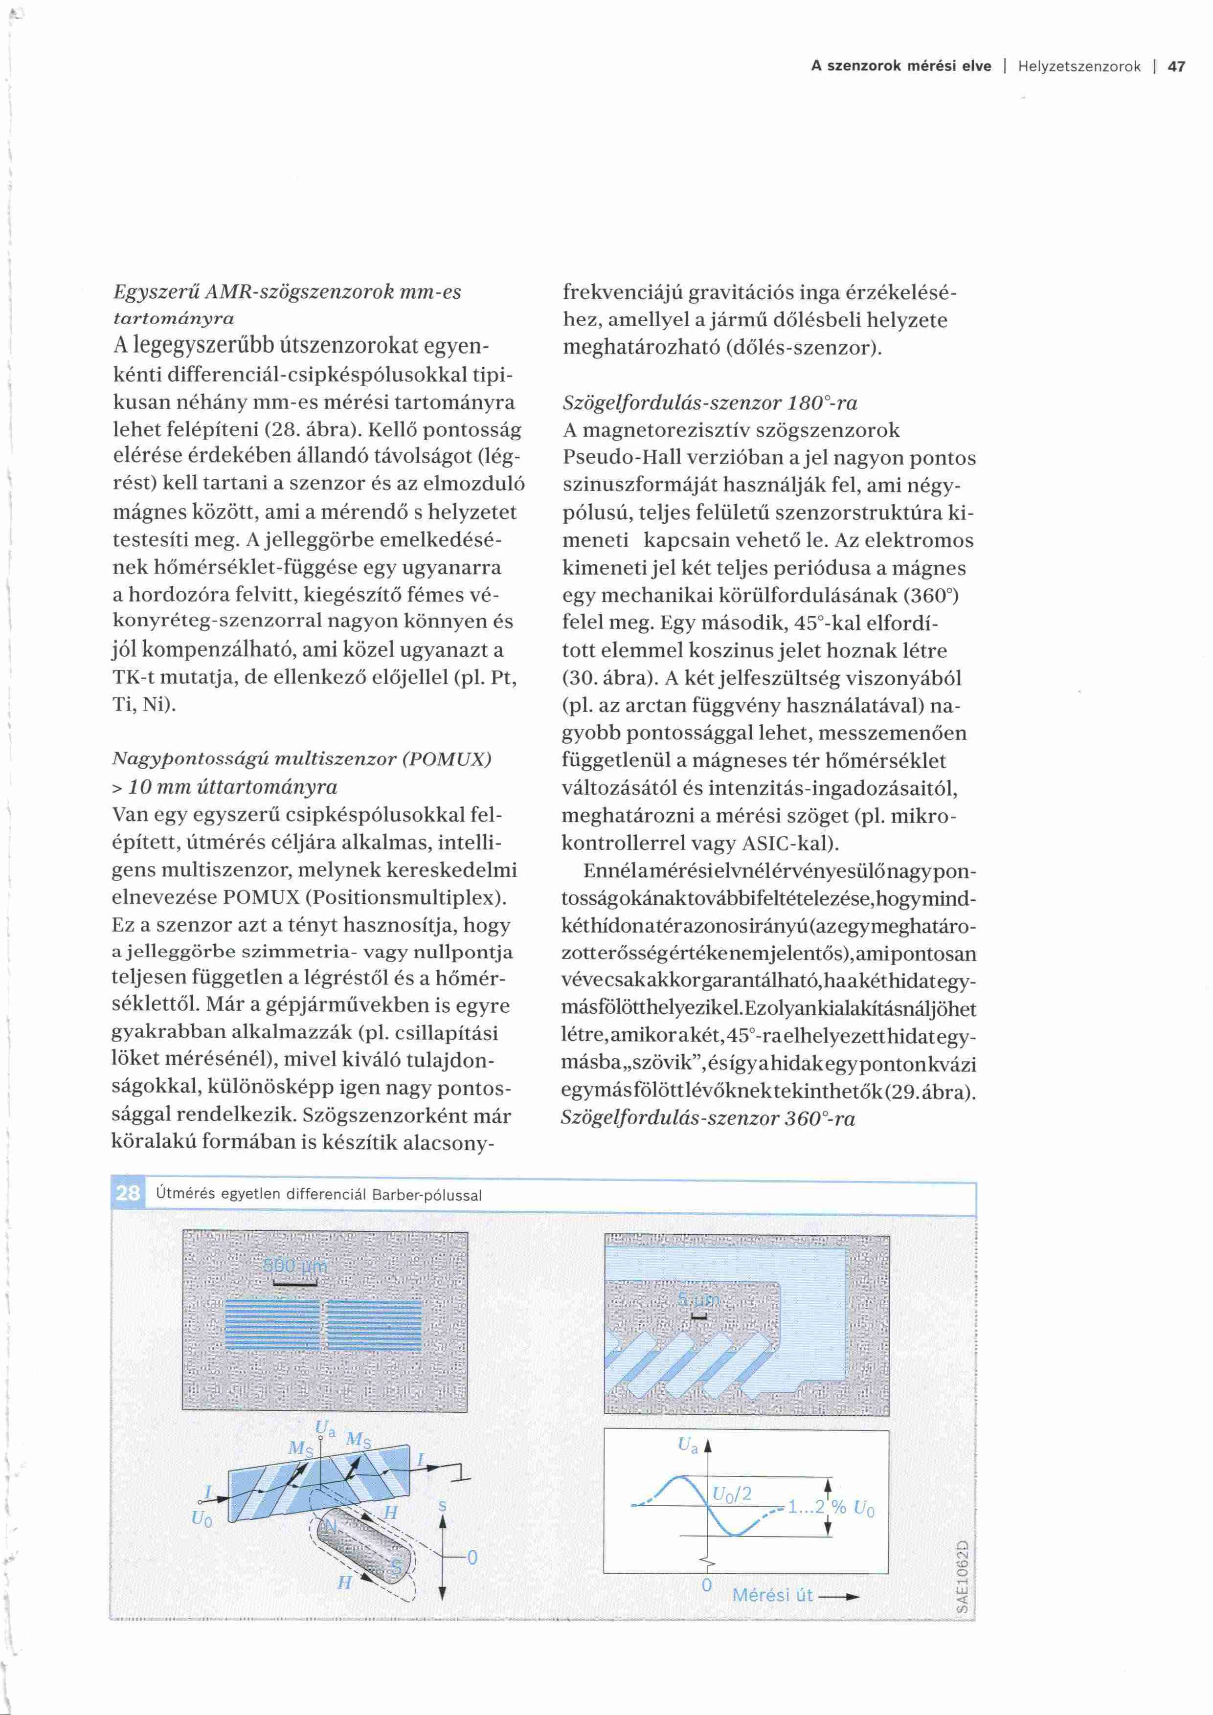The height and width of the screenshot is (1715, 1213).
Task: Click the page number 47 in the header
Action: click(1176, 67)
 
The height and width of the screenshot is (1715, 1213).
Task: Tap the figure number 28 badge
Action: click(128, 1193)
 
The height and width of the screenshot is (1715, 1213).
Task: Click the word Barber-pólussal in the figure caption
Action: click(427, 1194)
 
